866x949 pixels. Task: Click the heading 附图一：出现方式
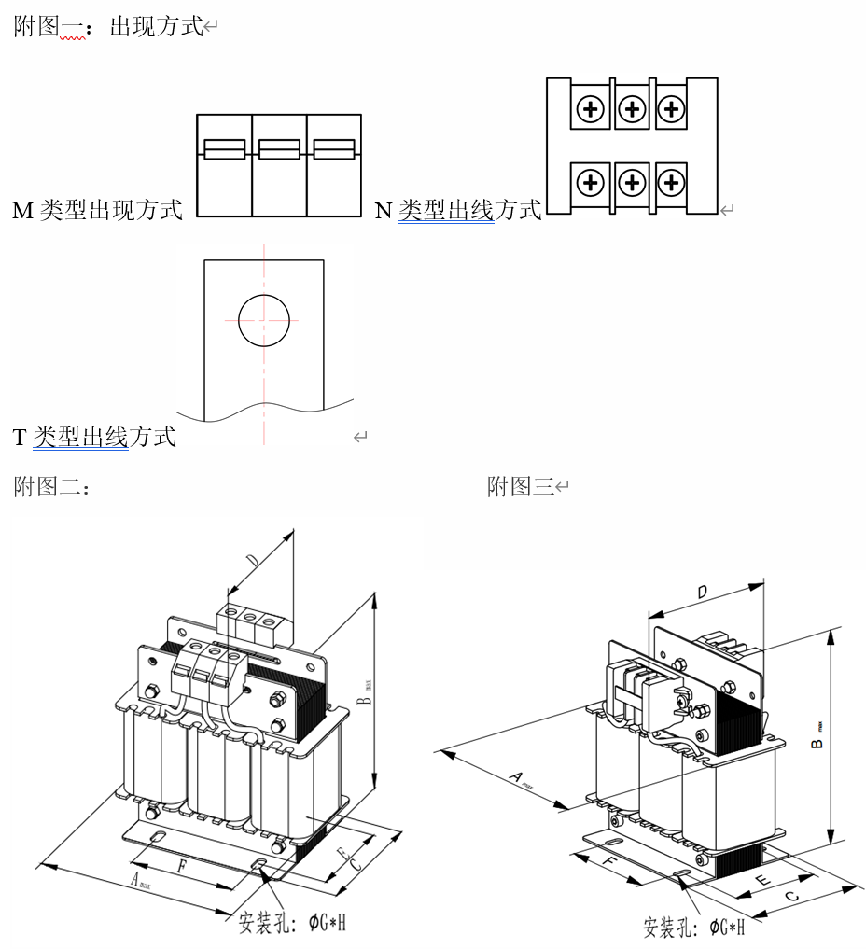110,26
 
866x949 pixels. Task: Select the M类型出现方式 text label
97,210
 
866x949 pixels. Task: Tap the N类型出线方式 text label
457,210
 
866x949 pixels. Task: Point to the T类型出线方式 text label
94,436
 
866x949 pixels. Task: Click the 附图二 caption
51,486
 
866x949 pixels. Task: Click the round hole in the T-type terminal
264,319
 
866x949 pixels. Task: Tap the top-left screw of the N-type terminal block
590,110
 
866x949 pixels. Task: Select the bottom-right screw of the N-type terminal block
670,181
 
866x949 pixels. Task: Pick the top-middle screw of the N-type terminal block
632,110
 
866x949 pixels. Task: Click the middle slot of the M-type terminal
279,149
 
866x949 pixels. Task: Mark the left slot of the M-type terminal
225,149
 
